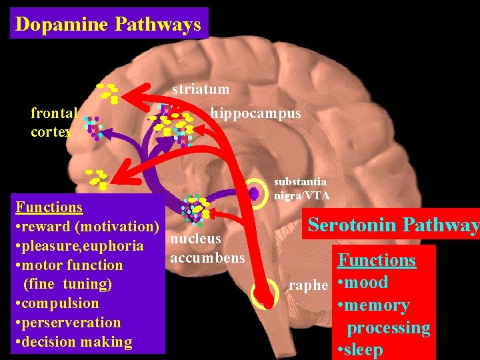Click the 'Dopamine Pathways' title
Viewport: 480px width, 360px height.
(108, 24)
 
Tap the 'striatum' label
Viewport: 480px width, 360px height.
(200, 89)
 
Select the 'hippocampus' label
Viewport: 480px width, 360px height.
(255, 114)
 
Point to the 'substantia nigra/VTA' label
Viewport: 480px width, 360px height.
(301, 188)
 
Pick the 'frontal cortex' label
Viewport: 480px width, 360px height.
(53, 123)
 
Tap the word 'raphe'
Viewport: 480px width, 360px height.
(309, 286)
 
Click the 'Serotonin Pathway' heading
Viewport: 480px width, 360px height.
(393, 225)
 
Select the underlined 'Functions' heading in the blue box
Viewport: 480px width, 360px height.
(49, 207)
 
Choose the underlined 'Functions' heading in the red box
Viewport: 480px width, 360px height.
(377, 260)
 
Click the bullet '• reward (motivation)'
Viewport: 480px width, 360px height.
(87, 227)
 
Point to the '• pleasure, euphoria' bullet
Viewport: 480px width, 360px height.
(79, 246)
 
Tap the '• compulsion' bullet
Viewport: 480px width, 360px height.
(57, 303)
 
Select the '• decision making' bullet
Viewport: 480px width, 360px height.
(73, 342)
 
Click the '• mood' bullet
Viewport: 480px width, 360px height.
(363, 282)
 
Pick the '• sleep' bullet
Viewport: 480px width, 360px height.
(361, 349)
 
